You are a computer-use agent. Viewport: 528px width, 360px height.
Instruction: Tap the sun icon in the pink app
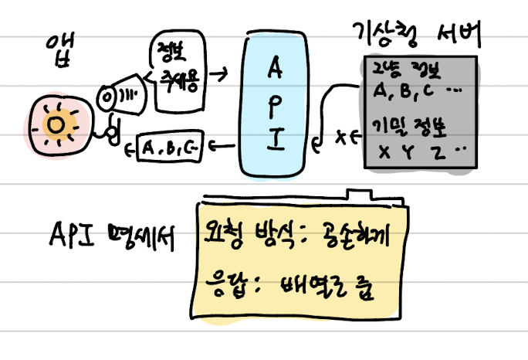(x=55, y=124)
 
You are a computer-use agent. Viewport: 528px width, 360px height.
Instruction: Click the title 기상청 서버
(x=418, y=36)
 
